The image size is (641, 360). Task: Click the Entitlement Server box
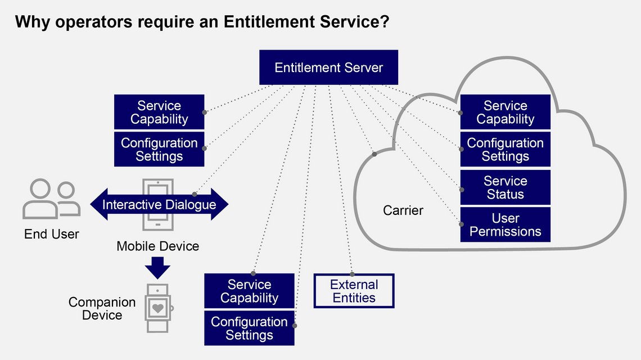click(x=328, y=67)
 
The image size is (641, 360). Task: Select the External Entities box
click(x=354, y=291)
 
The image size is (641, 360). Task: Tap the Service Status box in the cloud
click(x=505, y=188)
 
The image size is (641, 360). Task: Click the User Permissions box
click(x=505, y=225)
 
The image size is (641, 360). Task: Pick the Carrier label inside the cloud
click(x=403, y=211)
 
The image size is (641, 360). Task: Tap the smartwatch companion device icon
click(x=158, y=309)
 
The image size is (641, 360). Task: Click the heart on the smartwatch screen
click(x=158, y=308)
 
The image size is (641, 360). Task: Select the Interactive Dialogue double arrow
click(x=159, y=204)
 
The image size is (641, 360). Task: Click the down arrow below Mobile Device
click(x=158, y=267)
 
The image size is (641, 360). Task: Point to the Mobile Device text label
click(x=157, y=246)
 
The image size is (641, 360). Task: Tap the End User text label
click(x=52, y=234)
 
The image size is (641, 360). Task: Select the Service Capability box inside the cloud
click(x=505, y=112)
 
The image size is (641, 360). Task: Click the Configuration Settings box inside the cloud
click(x=505, y=150)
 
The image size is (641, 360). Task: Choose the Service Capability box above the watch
click(x=249, y=291)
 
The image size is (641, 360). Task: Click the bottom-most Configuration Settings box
click(x=249, y=328)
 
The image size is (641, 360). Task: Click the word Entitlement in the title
click(x=264, y=22)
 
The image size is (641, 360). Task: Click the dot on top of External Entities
click(x=353, y=273)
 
